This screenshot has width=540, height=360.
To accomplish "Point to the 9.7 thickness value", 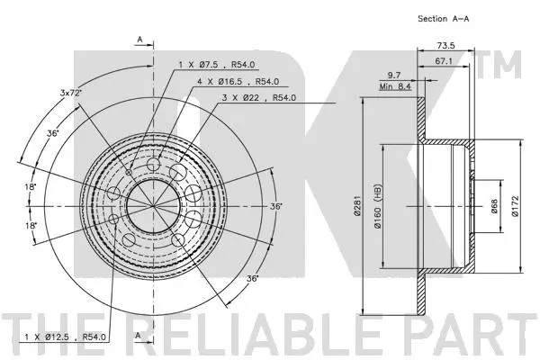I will coord(393,76).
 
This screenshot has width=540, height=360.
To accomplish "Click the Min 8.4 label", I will coord(393,87).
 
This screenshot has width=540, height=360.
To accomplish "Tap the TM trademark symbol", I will coord(506,65).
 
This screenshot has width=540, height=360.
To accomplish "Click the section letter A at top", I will coord(139,40).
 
